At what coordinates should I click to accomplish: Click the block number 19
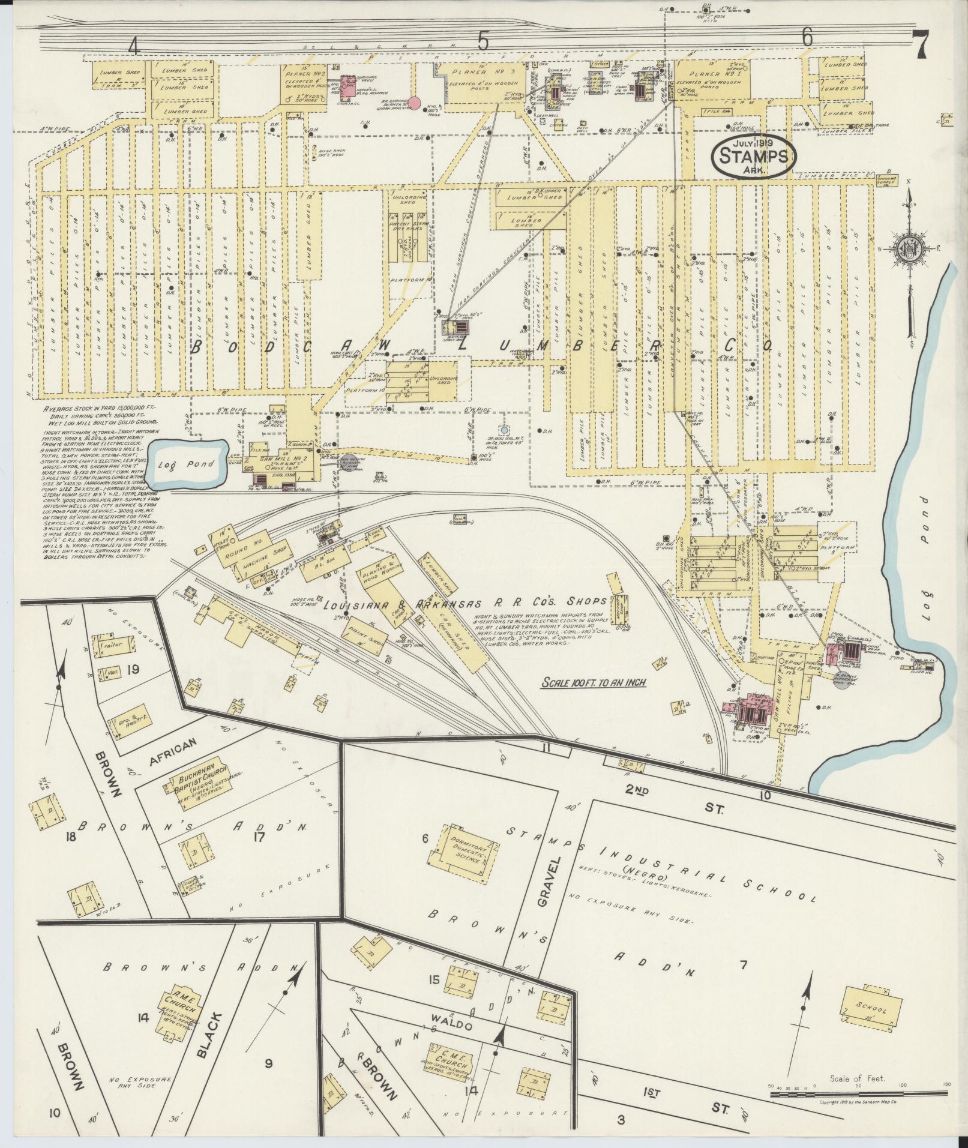point(133,669)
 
